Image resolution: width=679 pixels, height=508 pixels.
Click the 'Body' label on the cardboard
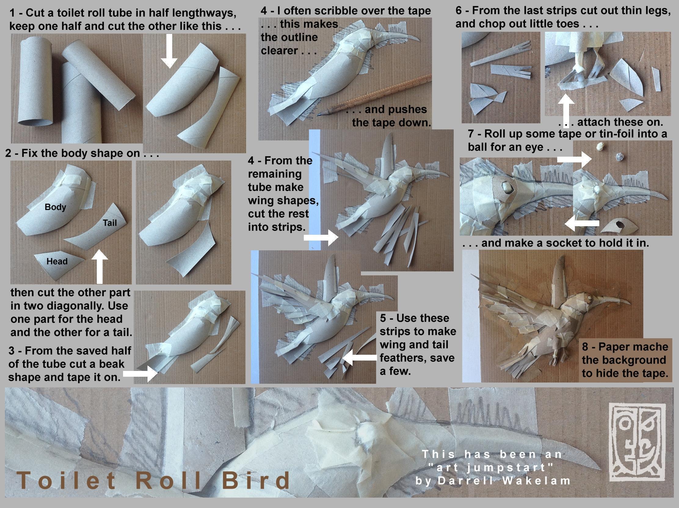(55, 207)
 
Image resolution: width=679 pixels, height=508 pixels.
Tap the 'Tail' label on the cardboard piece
(110, 223)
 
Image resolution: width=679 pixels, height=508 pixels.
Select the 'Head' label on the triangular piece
(57, 261)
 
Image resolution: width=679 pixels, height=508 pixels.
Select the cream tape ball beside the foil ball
(599, 147)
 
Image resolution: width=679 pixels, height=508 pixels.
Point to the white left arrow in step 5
(359, 357)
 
